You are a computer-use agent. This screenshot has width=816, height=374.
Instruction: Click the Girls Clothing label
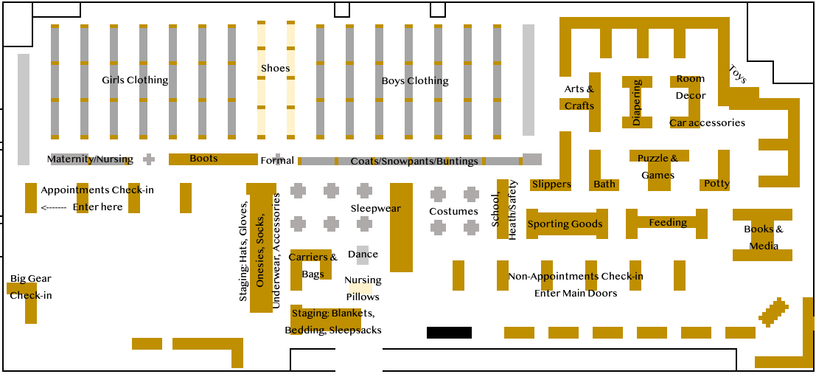(135, 80)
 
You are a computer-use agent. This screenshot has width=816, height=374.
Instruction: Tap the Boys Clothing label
(415, 80)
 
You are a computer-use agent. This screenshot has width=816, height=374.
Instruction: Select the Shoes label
(276, 68)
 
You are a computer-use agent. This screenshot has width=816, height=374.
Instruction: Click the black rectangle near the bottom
(449, 333)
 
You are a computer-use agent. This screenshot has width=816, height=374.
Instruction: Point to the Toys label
(737, 74)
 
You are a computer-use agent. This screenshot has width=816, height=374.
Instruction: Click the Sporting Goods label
(565, 224)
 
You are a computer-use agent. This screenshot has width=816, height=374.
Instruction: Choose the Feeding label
(668, 222)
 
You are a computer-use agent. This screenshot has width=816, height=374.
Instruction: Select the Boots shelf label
(203, 158)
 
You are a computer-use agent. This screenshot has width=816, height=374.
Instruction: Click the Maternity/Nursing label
(90, 159)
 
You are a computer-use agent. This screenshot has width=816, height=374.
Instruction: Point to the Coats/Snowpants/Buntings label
(414, 161)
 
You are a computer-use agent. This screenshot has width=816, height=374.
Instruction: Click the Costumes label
(454, 211)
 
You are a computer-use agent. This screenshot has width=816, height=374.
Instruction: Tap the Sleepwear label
(376, 208)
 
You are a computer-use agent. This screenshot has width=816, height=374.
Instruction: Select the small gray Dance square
(363, 254)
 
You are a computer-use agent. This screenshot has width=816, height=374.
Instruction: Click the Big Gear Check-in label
(31, 287)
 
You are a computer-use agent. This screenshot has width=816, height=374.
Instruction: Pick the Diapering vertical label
(637, 103)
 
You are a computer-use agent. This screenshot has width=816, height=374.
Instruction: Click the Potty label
(716, 183)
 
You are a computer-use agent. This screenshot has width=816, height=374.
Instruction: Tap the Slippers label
(551, 184)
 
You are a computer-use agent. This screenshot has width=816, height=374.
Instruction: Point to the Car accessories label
(707, 122)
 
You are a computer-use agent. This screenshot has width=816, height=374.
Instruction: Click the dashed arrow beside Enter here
(54, 207)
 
